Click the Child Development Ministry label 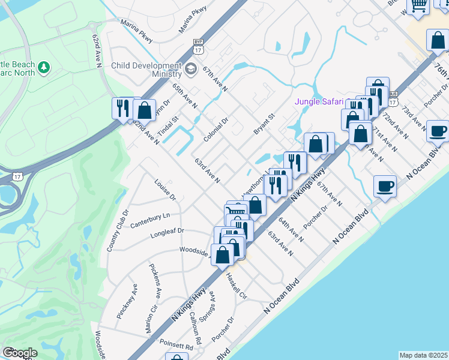[x=146, y=70]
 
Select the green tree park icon [x=43, y=68]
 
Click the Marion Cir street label [x=151, y=318]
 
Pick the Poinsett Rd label [x=177, y=346]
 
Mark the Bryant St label [x=263, y=123]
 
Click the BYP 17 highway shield [x=198, y=44]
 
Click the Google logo [x=20, y=353]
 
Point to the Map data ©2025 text [x=423, y=355]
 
